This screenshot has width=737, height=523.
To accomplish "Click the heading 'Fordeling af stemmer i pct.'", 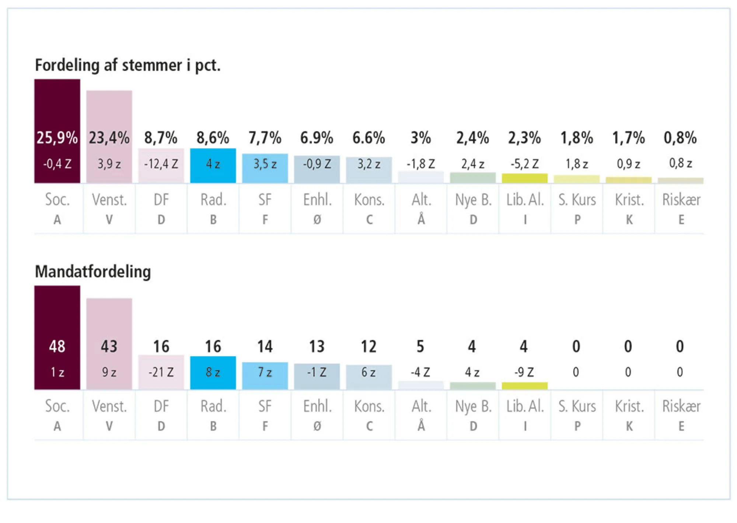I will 128,65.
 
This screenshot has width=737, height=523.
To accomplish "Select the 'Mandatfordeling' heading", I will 93,272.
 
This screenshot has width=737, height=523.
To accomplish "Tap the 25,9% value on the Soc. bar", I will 57,138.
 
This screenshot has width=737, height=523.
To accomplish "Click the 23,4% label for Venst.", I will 109,138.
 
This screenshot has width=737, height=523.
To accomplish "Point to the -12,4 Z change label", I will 161,164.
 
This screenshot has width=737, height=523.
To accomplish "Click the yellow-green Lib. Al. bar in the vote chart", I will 524,178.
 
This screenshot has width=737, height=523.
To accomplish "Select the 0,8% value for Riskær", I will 680,138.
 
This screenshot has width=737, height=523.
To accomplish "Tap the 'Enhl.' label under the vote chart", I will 317,200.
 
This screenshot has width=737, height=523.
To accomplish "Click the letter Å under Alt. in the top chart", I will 421,220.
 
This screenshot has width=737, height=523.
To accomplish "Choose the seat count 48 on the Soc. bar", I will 57,346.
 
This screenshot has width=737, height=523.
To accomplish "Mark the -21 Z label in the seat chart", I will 161,372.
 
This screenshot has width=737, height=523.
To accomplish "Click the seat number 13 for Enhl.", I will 317,346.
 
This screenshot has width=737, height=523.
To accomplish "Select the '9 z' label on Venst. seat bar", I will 109,372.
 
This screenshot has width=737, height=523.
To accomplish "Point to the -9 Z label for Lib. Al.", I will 524,372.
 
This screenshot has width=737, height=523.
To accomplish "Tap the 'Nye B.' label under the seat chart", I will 473,406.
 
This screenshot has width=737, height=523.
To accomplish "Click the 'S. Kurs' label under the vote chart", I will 577,200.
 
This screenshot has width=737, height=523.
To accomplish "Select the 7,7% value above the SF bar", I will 265,138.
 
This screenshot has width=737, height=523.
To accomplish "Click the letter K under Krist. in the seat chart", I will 629,426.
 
